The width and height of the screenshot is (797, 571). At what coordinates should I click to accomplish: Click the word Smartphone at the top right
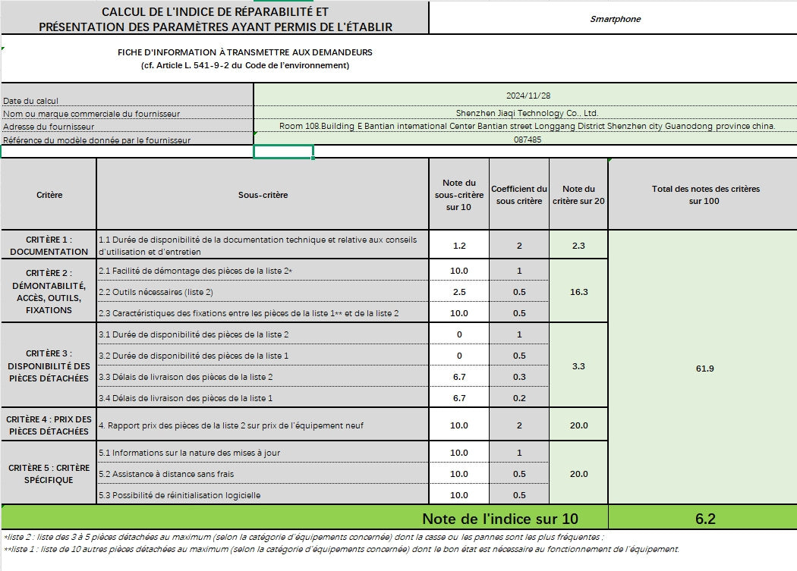pos(615,19)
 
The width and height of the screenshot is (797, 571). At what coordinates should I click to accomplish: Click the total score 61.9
pos(704,369)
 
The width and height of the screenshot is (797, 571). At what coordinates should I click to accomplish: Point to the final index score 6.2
pos(704,519)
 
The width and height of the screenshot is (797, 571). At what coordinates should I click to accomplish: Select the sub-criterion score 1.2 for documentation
pos(458,246)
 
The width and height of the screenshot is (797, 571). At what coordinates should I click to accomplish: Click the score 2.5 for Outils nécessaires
pos(458,292)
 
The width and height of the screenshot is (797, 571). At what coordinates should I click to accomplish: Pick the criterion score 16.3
pos(578,292)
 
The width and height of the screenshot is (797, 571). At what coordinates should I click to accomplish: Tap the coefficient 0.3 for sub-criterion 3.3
pos(519,377)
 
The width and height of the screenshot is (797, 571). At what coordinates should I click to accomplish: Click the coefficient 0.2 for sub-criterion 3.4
pos(519,398)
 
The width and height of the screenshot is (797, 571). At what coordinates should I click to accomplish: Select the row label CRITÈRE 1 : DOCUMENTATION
pos(49,246)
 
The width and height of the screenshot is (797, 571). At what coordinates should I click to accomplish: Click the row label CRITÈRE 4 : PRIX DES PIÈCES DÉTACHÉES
pos(49,425)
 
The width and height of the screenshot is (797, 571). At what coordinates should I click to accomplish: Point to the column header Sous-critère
pos(263,195)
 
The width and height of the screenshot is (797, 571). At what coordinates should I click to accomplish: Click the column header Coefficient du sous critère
pos(519,195)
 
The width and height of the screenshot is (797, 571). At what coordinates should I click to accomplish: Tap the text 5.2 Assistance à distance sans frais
pos(166,474)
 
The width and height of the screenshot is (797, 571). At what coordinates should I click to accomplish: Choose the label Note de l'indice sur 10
pos(500,519)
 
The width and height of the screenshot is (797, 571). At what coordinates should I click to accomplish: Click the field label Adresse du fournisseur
pos(49,127)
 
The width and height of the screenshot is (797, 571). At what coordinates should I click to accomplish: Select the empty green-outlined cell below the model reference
pos(283,152)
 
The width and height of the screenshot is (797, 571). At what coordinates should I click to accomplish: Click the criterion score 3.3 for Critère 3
pos(578,366)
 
